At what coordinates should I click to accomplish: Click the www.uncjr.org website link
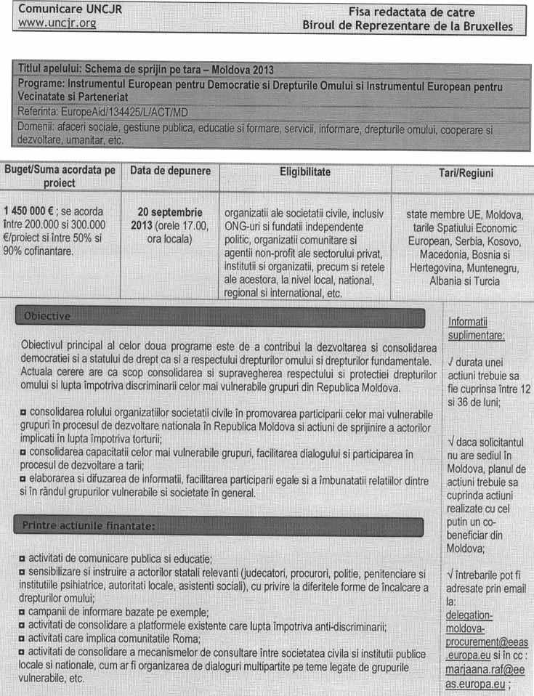click(x=57, y=25)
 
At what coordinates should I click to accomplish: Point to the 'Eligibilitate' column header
click(x=305, y=171)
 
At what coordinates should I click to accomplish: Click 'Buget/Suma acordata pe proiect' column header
click(x=60, y=177)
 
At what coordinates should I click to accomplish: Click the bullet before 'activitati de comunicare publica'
click(x=23, y=559)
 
